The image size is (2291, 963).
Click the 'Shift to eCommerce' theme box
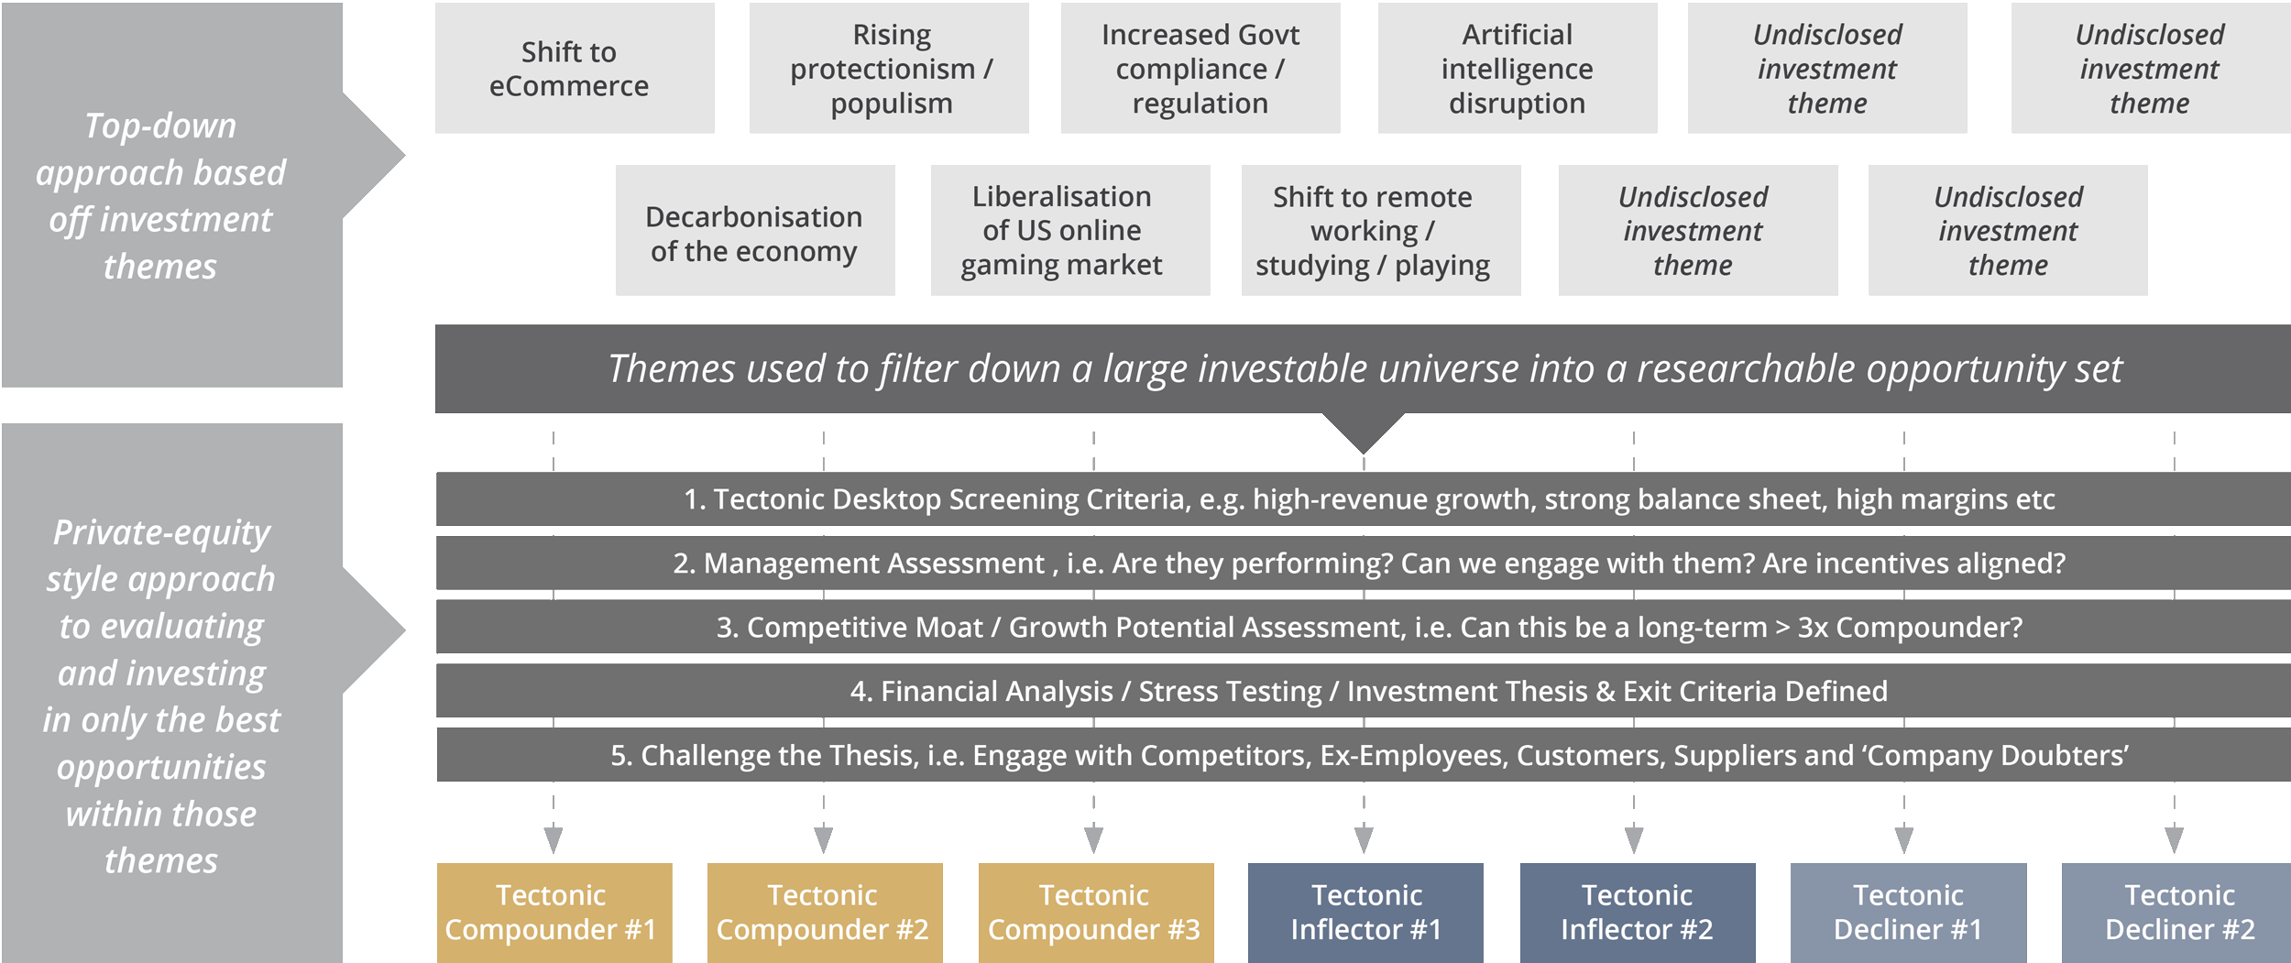point(574,69)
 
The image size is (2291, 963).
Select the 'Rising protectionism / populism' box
point(889,69)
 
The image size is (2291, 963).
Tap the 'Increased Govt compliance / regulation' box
point(1200,69)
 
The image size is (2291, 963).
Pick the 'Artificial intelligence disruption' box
point(1517,69)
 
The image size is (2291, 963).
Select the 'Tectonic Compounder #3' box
point(1095,913)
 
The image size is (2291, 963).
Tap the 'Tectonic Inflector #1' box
point(1365,913)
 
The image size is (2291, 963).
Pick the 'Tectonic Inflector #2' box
point(1637,913)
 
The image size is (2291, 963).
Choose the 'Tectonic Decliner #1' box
point(1908,913)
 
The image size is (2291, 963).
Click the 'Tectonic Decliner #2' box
point(2178,913)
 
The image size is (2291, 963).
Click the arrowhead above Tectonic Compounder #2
point(823,839)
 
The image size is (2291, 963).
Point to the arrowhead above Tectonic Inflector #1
point(1364,839)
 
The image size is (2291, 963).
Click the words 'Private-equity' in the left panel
point(161,532)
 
